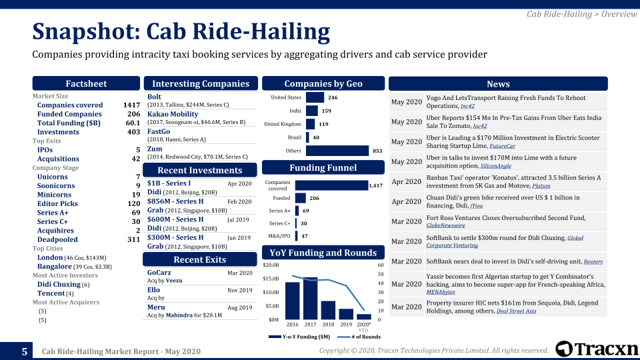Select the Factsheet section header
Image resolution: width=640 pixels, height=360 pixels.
pyautogui.click(x=86, y=83)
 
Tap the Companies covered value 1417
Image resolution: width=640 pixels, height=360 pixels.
pyautogui.click(x=131, y=105)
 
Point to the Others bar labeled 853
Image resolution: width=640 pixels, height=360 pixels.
pyautogui.click(x=337, y=151)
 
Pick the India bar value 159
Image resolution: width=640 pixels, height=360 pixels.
pyautogui.click(x=327, y=111)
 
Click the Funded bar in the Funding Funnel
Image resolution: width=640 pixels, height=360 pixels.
pyautogui.click(x=300, y=198)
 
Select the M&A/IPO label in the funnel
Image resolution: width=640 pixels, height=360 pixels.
pyautogui.click(x=279, y=235)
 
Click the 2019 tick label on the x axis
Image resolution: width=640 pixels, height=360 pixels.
pyautogui.click(x=346, y=324)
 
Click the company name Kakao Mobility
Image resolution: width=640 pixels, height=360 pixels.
pyautogui.click(x=173, y=115)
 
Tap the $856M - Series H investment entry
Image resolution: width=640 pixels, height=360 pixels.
pyautogui.click(x=175, y=201)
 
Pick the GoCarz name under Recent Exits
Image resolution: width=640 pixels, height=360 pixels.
pyautogui.click(x=159, y=273)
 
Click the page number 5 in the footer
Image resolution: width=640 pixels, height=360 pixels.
pyautogui.click(x=25, y=351)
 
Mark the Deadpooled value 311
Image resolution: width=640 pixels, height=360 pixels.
pyautogui.click(x=133, y=239)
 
